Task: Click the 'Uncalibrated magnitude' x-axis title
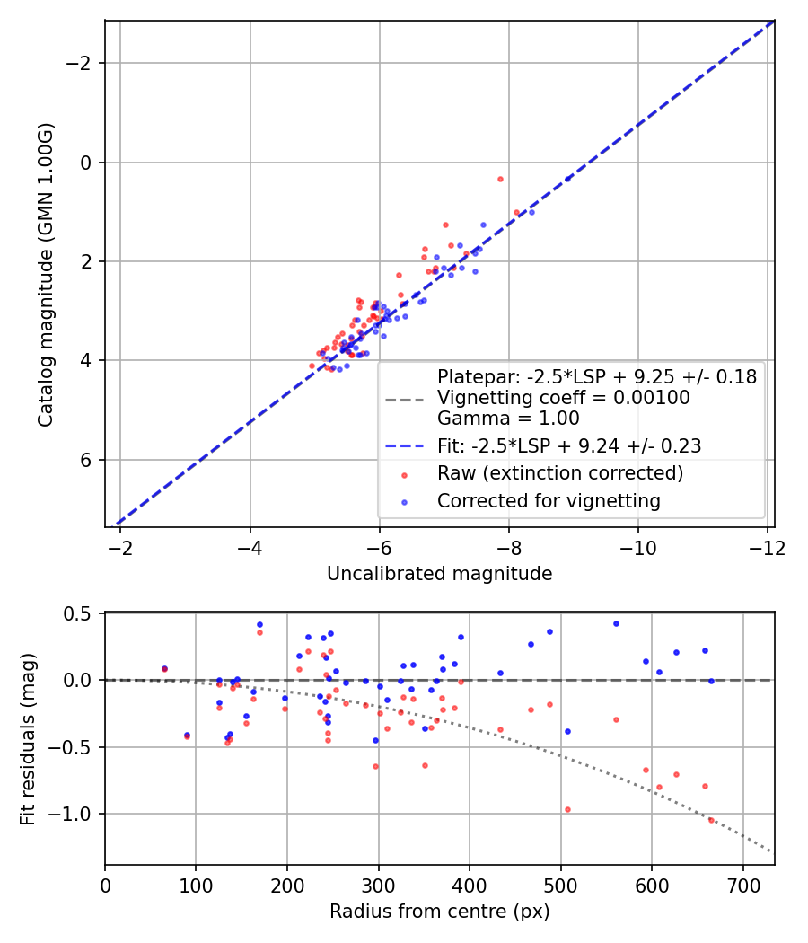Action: coord(439,574)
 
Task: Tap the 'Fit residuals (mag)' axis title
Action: coord(28,738)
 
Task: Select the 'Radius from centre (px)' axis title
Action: coord(439,912)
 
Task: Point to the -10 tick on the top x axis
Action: coord(638,547)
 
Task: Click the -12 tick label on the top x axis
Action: coord(768,547)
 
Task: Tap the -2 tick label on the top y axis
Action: coord(83,63)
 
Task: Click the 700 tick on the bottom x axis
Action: coord(742,885)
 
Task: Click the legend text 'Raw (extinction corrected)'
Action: coord(560,473)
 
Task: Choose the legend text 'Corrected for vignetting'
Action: coord(549,501)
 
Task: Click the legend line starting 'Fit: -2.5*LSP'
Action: coord(569,445)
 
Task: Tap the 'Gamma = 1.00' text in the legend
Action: coord(508,418)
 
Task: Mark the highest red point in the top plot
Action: coord(500,179)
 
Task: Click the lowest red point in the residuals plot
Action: coord(711,820)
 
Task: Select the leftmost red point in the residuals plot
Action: coord(164,669)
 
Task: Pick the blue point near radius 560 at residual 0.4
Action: coord(616,623)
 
